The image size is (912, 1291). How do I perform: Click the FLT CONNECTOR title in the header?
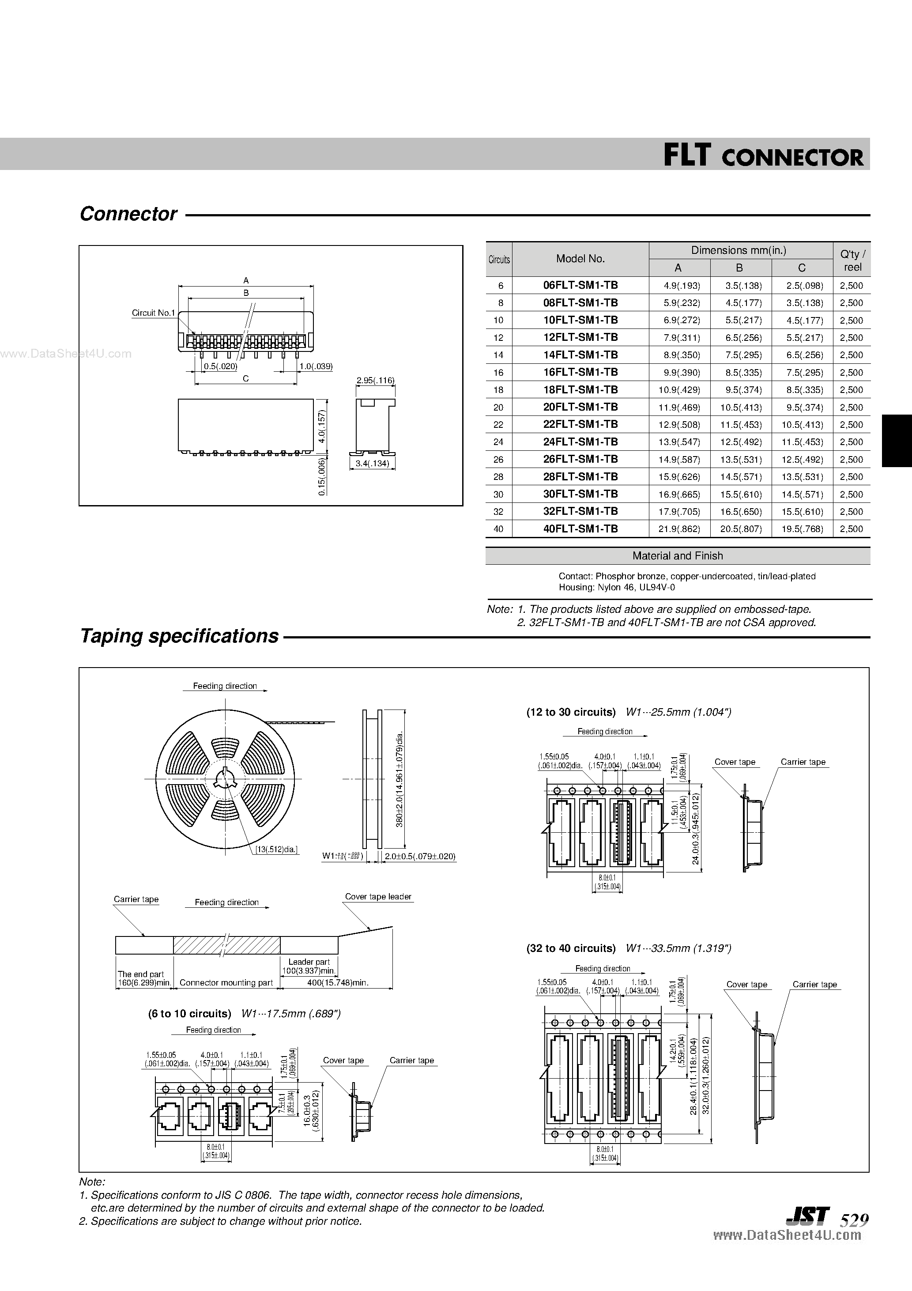(x=762, y=155)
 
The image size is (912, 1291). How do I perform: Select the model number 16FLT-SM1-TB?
(x=580, y=372)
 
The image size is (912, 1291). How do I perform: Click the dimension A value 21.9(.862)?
(x=678, y=529)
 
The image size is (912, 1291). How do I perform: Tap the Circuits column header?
(x=499, y=259)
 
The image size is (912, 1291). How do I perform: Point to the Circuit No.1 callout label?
(x=153, y=313)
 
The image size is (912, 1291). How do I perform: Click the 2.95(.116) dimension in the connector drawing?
(x=375, y=381)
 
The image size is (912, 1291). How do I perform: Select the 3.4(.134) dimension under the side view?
(x=372, y=464)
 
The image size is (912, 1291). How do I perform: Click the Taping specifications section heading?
(x=179, y=636)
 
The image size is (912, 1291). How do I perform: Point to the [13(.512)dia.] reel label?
(x=276, y=849)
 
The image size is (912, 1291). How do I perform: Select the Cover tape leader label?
(x=378, y=897)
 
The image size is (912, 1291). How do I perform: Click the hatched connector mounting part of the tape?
(x=226, y=945)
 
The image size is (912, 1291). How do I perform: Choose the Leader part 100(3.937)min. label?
(x=309, y=966)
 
